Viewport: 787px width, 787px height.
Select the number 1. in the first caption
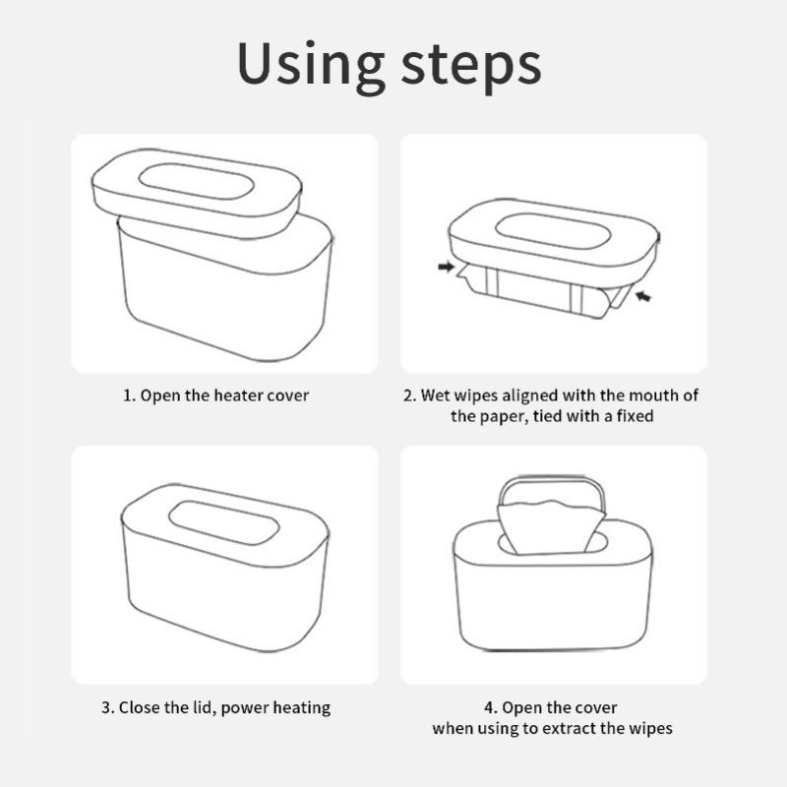pos(128,395)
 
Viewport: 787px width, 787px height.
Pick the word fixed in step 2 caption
pos(636,416)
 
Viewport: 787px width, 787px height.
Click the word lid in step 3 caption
pos(213,707)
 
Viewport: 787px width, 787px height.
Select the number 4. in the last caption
pos(490,707)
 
